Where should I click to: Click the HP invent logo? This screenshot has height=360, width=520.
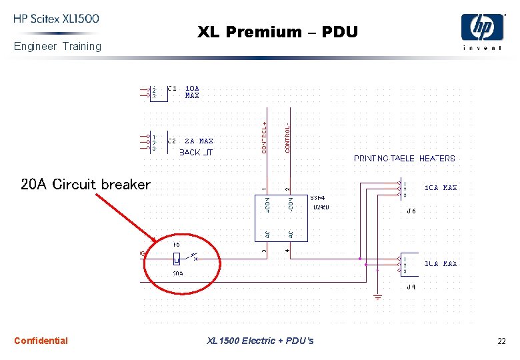coord(483,31)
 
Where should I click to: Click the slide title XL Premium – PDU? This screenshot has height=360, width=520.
coord(277,32)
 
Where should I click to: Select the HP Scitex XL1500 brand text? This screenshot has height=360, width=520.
coord(56,19)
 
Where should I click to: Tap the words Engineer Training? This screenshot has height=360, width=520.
coord(57,46)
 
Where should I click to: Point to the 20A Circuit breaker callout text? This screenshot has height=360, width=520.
coord(85,185)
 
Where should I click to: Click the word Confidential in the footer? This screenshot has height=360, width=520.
coord(41,341)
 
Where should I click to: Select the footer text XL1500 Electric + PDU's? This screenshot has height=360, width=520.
coord(260,341)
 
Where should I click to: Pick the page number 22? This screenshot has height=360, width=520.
coord(501,341)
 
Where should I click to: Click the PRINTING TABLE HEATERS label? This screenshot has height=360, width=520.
coord(404,159)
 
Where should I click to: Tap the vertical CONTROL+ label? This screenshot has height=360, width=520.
coord(265,137)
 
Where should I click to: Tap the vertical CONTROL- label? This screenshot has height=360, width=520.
coord(287,137)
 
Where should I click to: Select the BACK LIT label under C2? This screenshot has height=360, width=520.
coord(196,153)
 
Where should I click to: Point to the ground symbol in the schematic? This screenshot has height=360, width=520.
coord(377,296)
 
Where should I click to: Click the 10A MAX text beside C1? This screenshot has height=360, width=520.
coord(192,92)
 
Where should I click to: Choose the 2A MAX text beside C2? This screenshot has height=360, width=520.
coord(199,141)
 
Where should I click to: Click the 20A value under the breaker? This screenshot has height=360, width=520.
coord(177,273)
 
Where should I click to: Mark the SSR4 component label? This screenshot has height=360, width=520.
coord(317,197)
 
